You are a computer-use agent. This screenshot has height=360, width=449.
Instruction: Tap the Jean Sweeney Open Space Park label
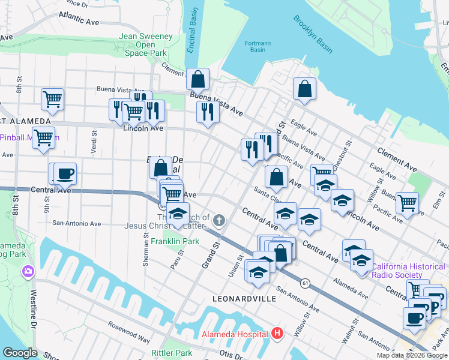click(x=146, y=45)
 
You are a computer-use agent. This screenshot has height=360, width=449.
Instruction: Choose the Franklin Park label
click(x=175, y=241)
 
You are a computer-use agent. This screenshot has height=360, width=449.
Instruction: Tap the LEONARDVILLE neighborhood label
click(x=244, y=298)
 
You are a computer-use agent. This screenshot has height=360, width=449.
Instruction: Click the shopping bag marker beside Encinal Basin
click(x=197, y=79)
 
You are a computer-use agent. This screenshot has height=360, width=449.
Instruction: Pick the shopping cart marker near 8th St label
click(x=53, y=99)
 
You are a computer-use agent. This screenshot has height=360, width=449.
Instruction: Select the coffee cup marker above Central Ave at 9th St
click(x=65, y=173)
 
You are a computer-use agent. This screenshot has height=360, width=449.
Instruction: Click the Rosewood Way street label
click(x=129, y=332)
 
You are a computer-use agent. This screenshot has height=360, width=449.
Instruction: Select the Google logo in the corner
click(x=20, y=353)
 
